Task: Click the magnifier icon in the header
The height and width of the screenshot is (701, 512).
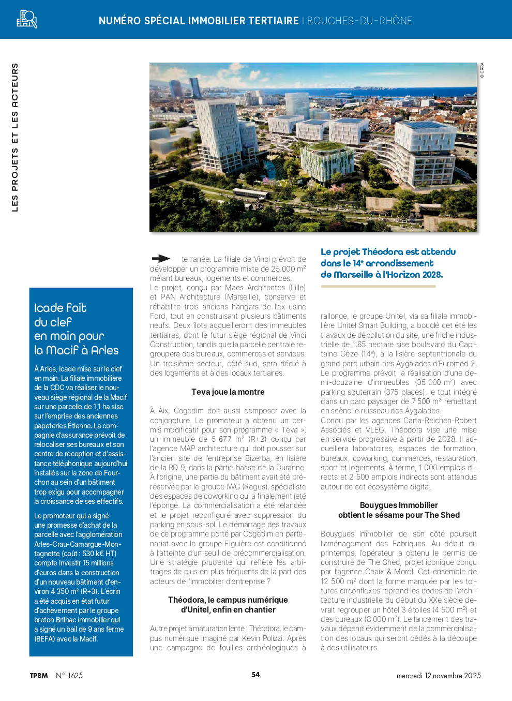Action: pos(27,19)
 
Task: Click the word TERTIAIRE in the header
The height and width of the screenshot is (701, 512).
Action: pos(273,21)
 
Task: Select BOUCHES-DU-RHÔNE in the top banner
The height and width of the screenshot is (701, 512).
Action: pos(359,21)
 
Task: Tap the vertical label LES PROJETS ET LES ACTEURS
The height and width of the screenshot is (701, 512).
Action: pos(15,137)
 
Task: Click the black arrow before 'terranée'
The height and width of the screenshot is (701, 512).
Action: pos(161,259)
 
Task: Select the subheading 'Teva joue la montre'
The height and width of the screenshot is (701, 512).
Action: pos(228,392)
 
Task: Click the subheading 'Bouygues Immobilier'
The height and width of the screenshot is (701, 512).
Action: pos(399,505)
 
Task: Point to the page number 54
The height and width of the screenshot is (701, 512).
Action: pos(255,675)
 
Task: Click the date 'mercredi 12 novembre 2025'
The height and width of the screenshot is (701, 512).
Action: pos(439,676)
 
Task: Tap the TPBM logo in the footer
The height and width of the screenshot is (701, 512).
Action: pos(39,676)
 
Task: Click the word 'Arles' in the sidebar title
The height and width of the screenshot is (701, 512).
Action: pos(105,351)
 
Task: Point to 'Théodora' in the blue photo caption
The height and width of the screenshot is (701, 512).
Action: pos(382,252)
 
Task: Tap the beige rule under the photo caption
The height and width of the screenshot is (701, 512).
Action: pos(378,286)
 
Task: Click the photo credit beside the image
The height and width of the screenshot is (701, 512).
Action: pos(482,70)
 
